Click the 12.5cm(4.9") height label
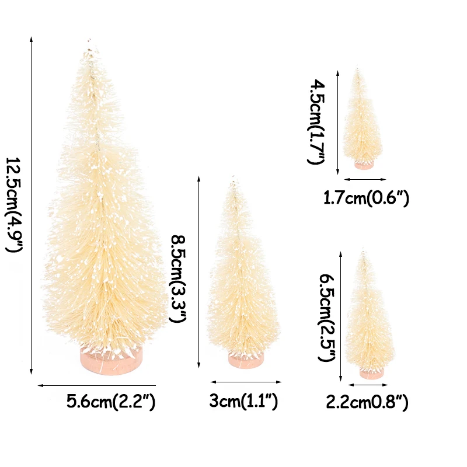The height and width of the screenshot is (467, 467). pos(14,205)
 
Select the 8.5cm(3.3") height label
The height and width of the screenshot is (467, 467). pos(177,278)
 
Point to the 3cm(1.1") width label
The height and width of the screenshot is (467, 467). pos(243,402)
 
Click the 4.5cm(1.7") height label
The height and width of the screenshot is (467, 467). pos(314,122)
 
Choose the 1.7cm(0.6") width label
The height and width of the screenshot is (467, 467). pos(366,198)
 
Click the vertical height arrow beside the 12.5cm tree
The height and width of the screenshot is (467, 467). pos(30,205)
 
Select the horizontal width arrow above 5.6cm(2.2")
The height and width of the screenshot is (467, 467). pos(97,385)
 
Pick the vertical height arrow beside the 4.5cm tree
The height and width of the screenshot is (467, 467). pos(338,122)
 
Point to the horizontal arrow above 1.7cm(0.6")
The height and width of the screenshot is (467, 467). pos(365,179)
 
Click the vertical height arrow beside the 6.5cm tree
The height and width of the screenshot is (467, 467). pos(340,316)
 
